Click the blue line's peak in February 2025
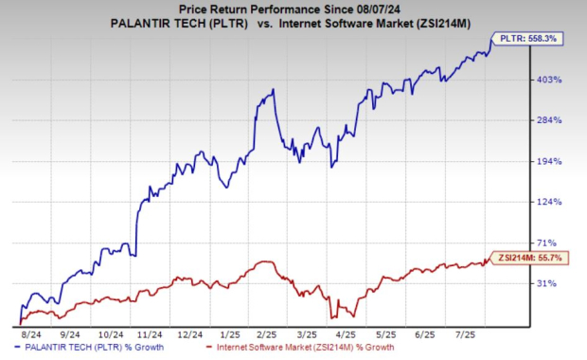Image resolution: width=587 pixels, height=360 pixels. click(273, 90)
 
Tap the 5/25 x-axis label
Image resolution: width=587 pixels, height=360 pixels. click(383, 334)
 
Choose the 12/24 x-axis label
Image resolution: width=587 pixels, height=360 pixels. click(190, 334)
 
